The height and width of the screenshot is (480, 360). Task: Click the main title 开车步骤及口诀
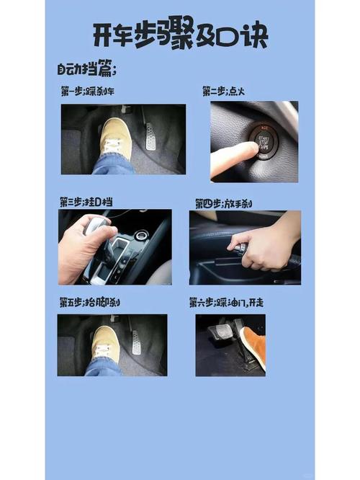point(180,35)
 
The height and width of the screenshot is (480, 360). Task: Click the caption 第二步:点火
point(224,92)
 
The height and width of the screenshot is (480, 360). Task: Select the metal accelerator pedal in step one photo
point(150,136)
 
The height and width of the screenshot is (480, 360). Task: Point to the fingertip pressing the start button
point(249,149)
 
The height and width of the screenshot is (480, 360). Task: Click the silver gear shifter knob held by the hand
point(98,226)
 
